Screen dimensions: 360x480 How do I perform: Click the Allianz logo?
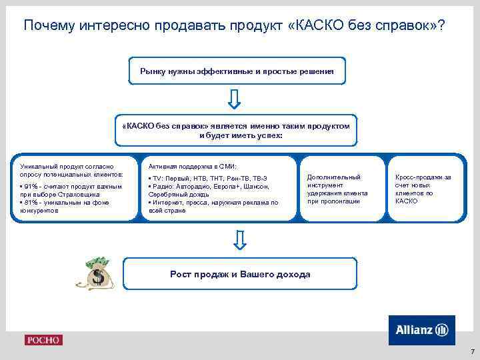point(421,330)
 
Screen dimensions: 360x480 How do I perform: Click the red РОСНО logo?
point(43,340)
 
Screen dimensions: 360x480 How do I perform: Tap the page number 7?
point(471,351)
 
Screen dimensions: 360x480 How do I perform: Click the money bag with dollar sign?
point(99,273)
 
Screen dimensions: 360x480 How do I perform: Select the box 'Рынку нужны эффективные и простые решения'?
point(238,70)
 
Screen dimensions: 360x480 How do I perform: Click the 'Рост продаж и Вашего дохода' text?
point(239,274)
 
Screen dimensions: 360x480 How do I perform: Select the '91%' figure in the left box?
point(30,187)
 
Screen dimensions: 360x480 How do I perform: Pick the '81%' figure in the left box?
point(30,202)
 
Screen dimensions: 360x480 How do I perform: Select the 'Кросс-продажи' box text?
point(423,177)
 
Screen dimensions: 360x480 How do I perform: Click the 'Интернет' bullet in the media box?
point(168,202)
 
